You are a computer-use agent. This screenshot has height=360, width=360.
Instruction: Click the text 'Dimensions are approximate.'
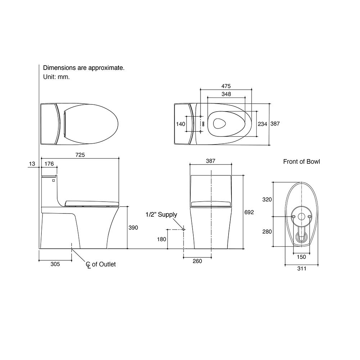click(84, 68)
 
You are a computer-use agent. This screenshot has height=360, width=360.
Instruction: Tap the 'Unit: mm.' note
click(57, 77)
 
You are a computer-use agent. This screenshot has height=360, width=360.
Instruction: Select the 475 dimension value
click(226, 86)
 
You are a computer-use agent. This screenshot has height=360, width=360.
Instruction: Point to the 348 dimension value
click(226, 94)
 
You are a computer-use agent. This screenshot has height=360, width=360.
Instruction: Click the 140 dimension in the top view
click(181, 124)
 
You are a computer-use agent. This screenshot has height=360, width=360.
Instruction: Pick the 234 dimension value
click(262, 124)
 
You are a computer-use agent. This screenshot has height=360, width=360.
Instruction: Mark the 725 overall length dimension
click(80, 155)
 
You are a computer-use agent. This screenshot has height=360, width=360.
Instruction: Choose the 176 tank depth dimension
click(49, 164)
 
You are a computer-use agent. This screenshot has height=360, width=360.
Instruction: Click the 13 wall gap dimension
click(32, 164)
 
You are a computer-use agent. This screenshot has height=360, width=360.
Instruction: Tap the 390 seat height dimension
click(134, 228)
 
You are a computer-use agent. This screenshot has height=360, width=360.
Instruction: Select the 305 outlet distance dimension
click(55, 264)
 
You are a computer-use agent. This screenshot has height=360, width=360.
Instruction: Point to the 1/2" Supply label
click(161, 215)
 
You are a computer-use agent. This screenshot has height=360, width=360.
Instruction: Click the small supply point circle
click(183, 229)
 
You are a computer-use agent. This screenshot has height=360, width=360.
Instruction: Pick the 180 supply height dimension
click(161, 239)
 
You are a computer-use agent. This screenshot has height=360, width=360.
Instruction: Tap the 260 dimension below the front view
click(197, 261)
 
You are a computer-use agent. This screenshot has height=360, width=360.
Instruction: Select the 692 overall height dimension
click(249, 212)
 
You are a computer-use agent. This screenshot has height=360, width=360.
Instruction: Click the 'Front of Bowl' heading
click(301, 162)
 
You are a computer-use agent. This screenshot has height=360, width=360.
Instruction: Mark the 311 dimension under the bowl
click(301, 268)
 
